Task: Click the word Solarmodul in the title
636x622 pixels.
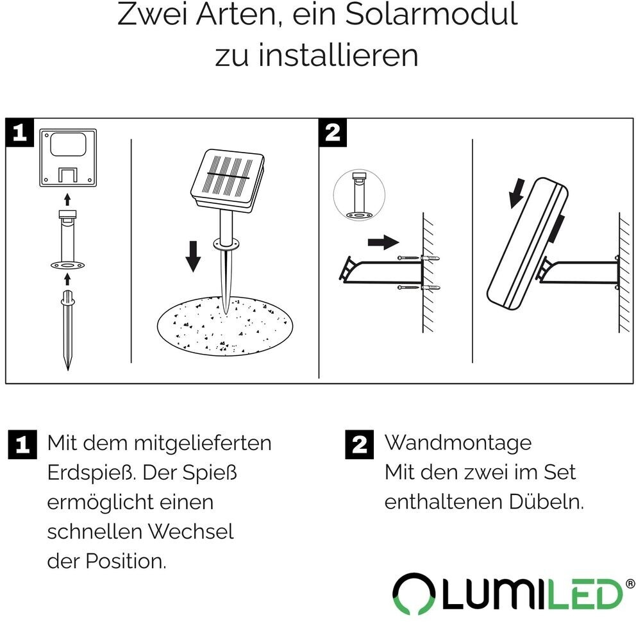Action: pyautogui.click(x=431, y=15)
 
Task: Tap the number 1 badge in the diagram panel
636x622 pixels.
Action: pyautogui.click(x=19, y=132)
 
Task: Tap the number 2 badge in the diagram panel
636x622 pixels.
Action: pyautogui.click(x=333, y=132)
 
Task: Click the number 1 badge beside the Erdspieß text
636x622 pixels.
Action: pyautogui.click(x=22, y=444)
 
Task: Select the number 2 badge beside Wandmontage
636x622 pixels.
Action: pyautogui.click(x=360, y=444)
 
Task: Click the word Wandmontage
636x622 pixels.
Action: pyautogui.click(x=458, y=443)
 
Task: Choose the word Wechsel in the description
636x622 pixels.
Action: pyautogui.click(x=190, y=532)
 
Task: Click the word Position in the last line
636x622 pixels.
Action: pyautogui.click(x=126, y=561)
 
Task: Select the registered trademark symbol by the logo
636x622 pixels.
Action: pyautogui.click(x=631, y=584)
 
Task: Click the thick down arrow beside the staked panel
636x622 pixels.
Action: pyautogui.click(x=193, y=256)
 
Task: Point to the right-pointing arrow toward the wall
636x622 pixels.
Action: pyautogui.click(x=383, y=242)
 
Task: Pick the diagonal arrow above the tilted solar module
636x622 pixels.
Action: pyautogui.click(x=517, y=194)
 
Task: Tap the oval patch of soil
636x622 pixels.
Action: pyautogui.click(x=224, y=326)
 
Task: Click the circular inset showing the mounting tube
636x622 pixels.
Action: pyautogui.click(x=359, y=195)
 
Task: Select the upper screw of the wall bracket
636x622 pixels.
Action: pyautogui.click(x=419, y=258)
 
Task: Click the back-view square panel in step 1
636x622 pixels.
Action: pyautogui.click(x=68, y=158)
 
